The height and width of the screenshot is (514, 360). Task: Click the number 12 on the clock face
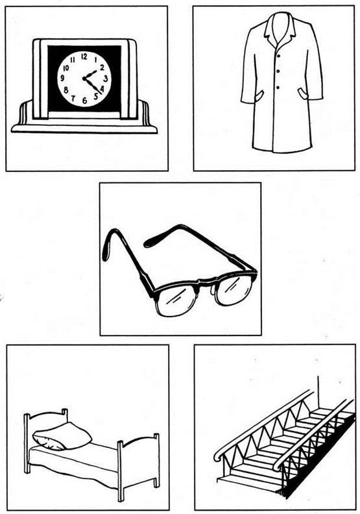pos(84,56)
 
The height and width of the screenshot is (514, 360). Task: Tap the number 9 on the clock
pos(62,79)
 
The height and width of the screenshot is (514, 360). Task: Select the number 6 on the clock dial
pos(84,101)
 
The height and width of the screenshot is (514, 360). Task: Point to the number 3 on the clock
pos(106,79)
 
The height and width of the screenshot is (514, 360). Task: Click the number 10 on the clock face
pos(66,68)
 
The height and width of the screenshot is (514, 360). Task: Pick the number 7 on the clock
pos(73,98)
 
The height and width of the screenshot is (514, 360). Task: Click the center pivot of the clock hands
pos(84,79)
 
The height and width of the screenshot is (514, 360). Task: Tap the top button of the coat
pos(278,56)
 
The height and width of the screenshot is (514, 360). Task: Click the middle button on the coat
pos(278,71)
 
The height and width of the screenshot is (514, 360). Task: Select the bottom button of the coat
pos(278,88)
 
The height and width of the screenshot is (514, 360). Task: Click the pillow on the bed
pos(62,436)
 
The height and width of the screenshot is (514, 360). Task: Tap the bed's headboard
pos(46,423)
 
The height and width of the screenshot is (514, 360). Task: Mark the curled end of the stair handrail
pos(219,456)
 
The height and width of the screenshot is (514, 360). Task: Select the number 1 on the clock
pos(95,60)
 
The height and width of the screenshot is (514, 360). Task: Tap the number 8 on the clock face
pos(66,90)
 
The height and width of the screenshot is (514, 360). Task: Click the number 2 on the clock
pos(102,67)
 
